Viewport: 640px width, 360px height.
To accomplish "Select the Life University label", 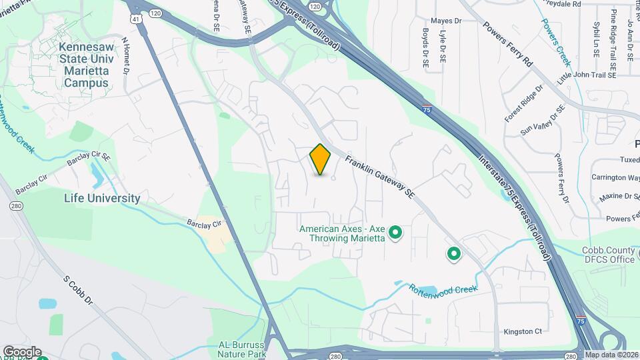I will (102, 198).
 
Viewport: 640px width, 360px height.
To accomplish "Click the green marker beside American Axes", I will (395, 233).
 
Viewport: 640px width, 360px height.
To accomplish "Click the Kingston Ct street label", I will (523, 331).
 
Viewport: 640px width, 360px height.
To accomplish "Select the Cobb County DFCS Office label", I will (599, 255).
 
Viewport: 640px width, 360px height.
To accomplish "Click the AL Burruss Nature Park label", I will (243, 349).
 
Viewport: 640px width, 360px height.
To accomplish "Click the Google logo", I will (21, 351).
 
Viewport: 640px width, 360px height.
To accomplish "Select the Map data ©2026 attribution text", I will (611, 355).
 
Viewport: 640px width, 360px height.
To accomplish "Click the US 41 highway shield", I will (135, 19).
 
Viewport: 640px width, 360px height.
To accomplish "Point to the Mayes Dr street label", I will (446, 21).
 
